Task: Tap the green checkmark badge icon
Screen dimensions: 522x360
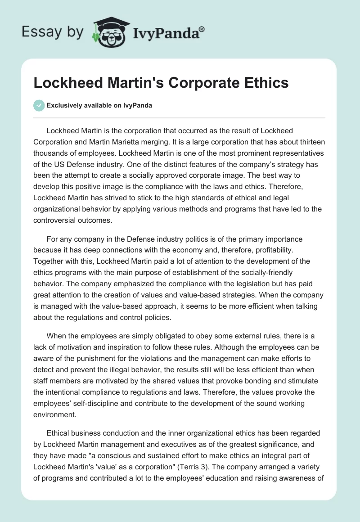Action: point(39,105)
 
